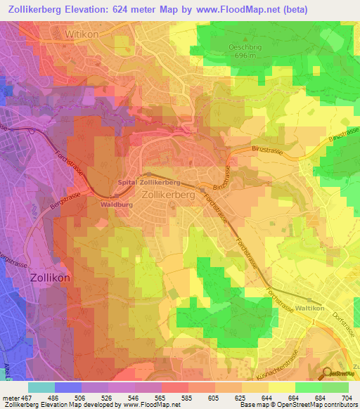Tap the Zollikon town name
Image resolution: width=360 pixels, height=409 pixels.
tap(51, 278)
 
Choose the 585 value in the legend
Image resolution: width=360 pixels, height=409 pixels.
tap(186, 398)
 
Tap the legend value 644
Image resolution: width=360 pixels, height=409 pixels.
tap(267, 398)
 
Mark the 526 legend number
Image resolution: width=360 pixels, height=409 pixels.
tap(105, 398)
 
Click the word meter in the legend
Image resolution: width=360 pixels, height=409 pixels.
tap(9, 398)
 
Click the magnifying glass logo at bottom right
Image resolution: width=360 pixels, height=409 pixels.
tap(328, 375)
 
